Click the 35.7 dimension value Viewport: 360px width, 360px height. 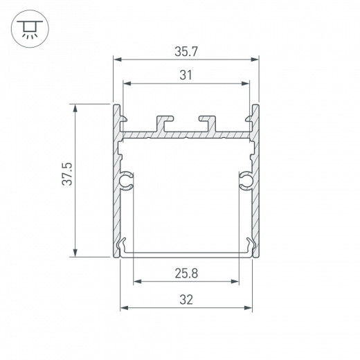click(186, 51)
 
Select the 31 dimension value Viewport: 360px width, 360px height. click(186, 75)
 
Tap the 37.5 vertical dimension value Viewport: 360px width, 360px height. click(64, 181)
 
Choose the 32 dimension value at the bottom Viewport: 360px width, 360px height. click(186, 298)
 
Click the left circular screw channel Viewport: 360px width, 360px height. click(127, 181)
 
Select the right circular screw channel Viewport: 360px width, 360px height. click(245, 181)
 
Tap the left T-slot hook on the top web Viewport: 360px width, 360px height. click(165, 122)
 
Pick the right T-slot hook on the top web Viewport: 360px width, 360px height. click(208, 122)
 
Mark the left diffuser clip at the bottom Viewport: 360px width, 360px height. click(125, 246)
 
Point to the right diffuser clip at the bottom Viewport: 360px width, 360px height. click(247, 246)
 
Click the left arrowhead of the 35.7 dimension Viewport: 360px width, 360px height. click(116, 60)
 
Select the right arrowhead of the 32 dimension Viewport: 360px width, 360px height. click(247, 307)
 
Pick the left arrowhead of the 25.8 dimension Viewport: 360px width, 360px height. click(136, 282)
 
